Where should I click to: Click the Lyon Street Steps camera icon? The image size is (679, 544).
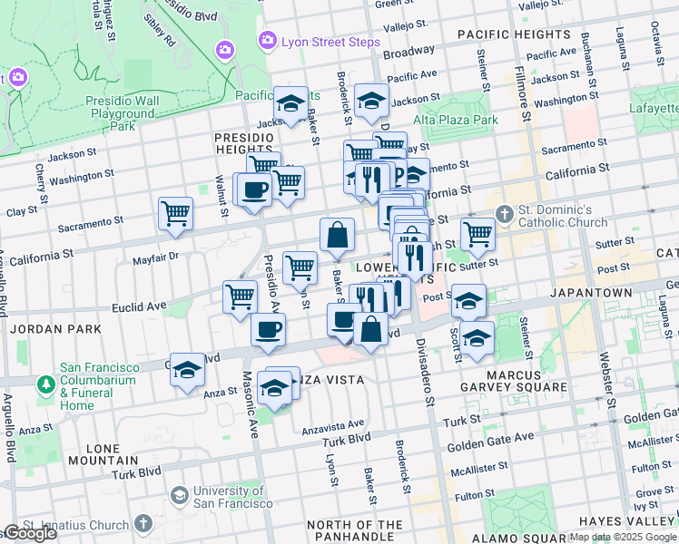267,40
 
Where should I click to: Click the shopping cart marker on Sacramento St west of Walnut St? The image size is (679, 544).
175,214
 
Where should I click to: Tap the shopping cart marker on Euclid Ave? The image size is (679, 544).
240,296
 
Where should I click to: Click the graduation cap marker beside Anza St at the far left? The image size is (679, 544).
187,370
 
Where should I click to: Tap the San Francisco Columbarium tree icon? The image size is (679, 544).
45,385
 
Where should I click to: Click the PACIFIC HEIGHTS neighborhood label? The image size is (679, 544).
513,34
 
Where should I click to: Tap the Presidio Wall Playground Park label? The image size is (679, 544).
121,113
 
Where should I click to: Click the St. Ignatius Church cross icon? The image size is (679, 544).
143,524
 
